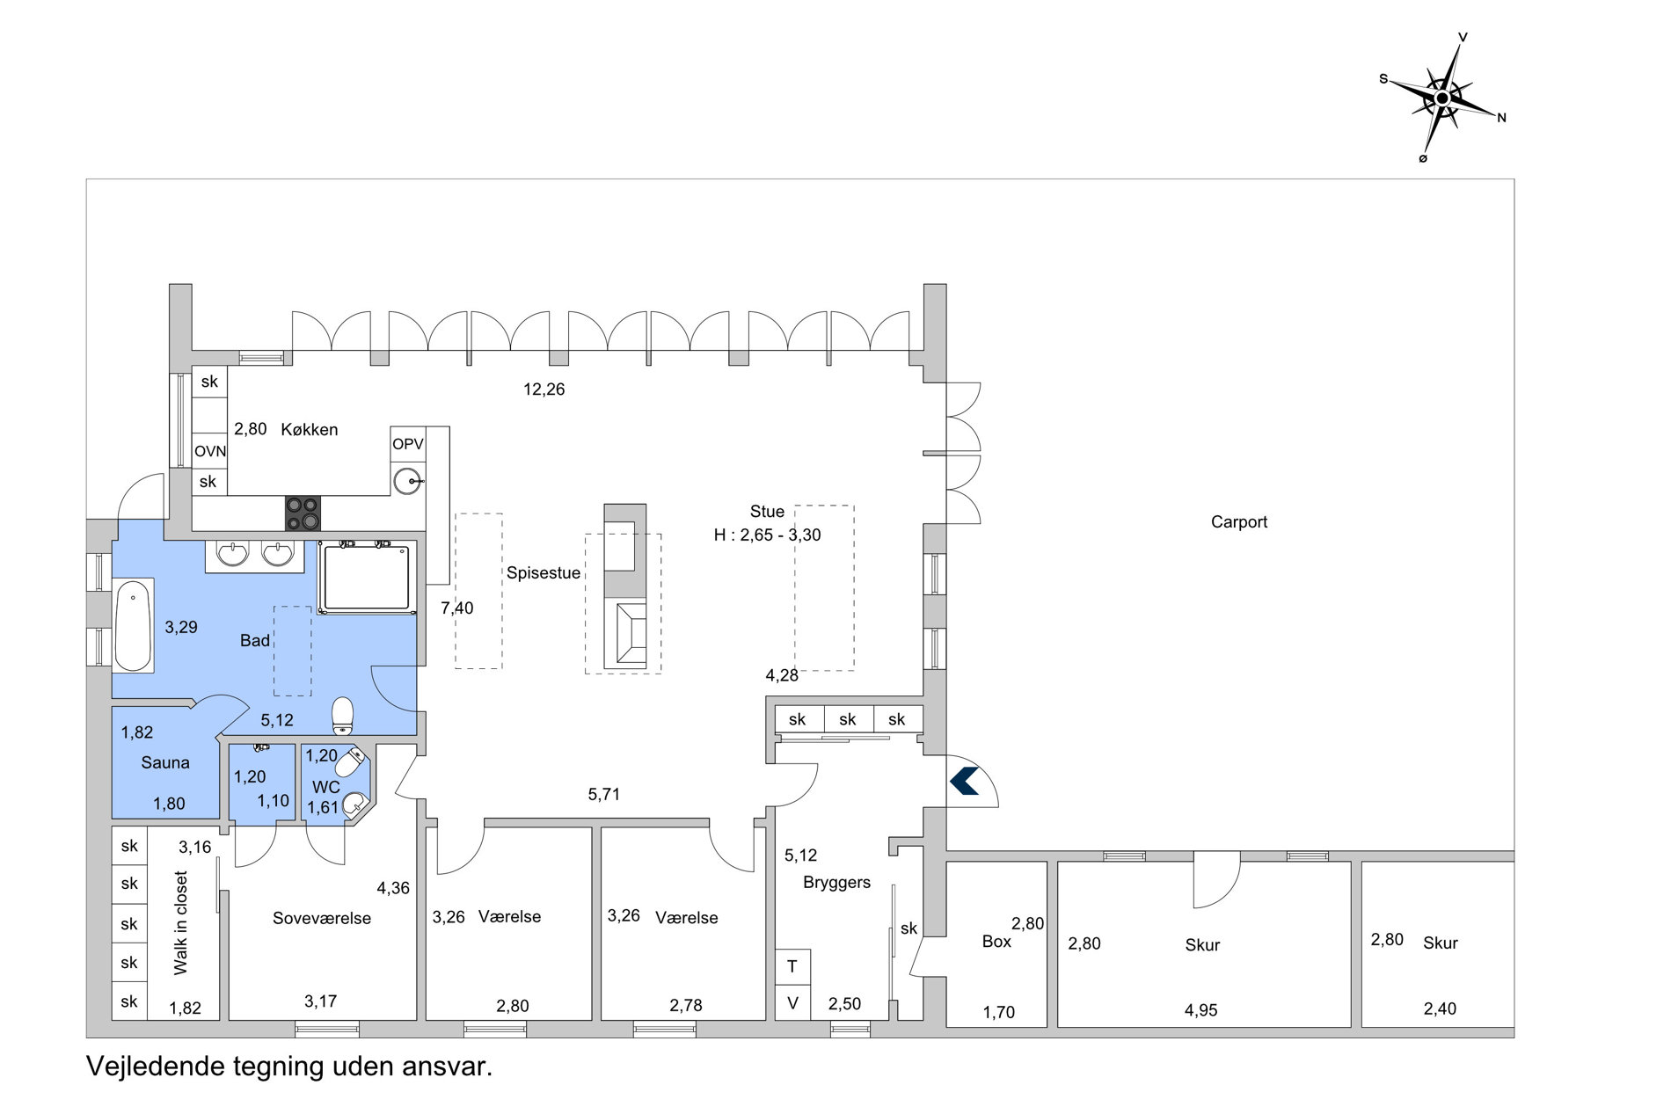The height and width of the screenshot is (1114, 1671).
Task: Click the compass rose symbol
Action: pos(1442,98)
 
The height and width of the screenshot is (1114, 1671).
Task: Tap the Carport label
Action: pos(1239,521)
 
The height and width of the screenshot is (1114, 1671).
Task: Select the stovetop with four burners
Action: pos(303,513)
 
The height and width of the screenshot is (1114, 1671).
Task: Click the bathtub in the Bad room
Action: pos(134,625)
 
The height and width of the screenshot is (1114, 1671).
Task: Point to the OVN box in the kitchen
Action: pos(210,451)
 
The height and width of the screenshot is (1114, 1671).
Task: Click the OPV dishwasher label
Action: pos(408,444)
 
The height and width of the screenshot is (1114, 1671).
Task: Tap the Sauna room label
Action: pos(165,762)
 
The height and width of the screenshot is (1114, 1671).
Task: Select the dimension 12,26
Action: pos(544,390)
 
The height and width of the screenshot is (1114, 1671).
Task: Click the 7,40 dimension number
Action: pos(457,608)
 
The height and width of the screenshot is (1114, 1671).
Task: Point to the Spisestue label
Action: pos(544,572)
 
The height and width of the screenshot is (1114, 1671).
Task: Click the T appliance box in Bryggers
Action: pos(792,966)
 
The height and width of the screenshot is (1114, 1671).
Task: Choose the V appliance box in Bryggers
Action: pos(792,1002)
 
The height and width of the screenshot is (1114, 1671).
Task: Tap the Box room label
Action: pos(996,942)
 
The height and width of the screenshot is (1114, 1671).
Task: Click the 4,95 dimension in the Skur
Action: pos(1200,1010)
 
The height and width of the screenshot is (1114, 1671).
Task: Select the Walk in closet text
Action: pos(181,923)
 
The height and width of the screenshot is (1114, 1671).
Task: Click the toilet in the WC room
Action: pos(350,762)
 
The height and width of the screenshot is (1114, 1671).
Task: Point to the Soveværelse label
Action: pos(322,918)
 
